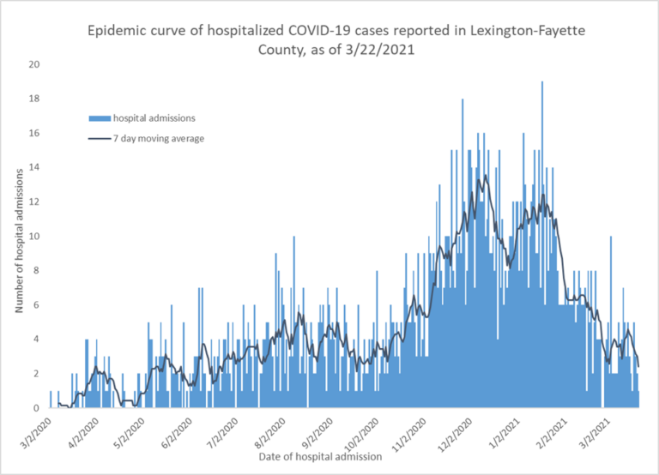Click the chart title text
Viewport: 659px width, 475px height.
tap(329, 41)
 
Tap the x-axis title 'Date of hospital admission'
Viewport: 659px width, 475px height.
tap(320, 456)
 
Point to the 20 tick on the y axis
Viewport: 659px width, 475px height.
tap(33, 64)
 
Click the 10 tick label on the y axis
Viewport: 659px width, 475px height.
tap(33, 237)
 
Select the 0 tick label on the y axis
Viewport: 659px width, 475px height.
tap(36, 408)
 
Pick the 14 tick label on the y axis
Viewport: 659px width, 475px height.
tap(33, 167)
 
